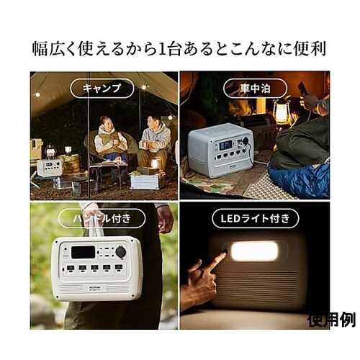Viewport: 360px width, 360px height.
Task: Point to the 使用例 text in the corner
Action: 330,319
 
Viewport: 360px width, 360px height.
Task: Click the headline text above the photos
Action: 179,49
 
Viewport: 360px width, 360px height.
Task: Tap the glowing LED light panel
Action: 254,251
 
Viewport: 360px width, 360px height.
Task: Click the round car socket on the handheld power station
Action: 120,253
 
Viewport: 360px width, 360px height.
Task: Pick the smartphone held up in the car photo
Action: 302,90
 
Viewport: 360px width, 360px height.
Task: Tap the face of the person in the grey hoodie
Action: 152,121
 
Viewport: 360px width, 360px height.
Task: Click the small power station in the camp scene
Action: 49,168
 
